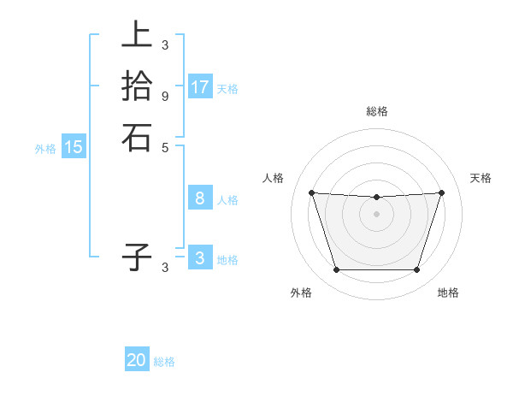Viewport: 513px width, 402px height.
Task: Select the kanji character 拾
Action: pos(137,86)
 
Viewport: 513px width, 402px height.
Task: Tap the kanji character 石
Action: pos(137,137)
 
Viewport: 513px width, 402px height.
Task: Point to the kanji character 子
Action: pos(137,256)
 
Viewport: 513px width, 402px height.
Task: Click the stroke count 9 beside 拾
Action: pos(165,96)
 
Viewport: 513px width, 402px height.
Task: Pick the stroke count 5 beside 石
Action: pos(165,147)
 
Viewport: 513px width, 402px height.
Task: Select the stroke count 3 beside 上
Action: pos(165,44)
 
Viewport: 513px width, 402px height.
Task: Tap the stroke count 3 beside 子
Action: pos(165,267)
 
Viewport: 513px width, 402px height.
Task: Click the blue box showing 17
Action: pos(200,87)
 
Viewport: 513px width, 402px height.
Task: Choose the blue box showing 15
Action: pos(74,147)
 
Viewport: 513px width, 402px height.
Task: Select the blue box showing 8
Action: pos(200,198)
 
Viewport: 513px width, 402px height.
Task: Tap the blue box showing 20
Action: pos(137,360)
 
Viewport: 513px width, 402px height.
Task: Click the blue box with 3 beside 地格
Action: pos(200,258)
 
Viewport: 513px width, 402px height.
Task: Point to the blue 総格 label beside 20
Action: pos(165,362)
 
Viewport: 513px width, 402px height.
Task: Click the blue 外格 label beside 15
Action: pos(45,149)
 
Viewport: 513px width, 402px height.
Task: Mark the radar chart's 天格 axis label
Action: pos(481,178)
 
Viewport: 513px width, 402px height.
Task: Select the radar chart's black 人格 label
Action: pos(274,178)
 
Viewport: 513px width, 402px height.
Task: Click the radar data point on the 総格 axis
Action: pos(377,198)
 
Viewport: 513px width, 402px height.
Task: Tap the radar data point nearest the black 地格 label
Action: pos(416,270)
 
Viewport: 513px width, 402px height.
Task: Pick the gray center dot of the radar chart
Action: pos(377,214)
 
